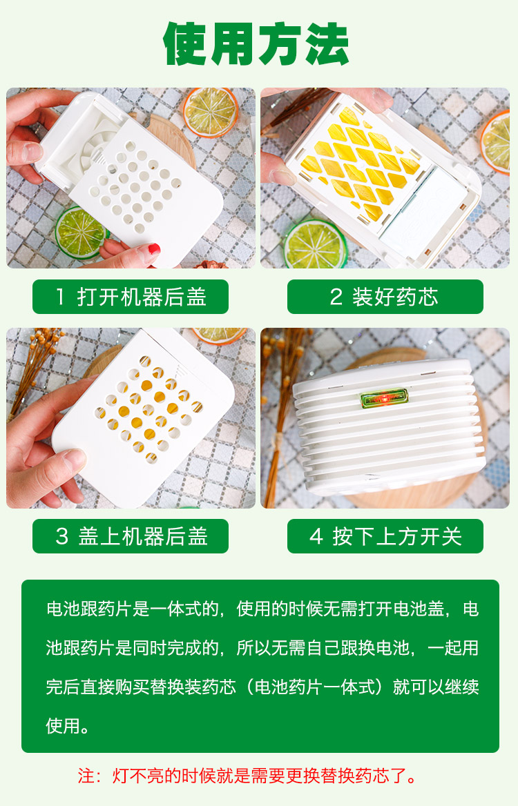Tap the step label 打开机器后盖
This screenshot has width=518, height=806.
[x=142, y=297]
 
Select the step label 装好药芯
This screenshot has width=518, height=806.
[x=395, y=297]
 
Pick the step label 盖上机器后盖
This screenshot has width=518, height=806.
[x=143, y=536]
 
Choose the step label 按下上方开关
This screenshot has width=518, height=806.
[x=397, y=536]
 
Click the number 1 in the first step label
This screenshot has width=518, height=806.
[x=61, y=297]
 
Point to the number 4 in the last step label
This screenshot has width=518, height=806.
[x=316, y=537]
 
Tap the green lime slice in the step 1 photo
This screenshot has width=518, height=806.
[x=79, y=233]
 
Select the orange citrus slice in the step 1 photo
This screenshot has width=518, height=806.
[x=211, y=112]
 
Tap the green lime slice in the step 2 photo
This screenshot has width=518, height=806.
[x=315, y=245]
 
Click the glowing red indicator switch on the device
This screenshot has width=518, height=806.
[x=384, y=398]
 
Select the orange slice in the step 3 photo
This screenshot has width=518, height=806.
[x=219, y=335]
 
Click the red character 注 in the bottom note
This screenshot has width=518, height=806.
[x=86, y=775]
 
